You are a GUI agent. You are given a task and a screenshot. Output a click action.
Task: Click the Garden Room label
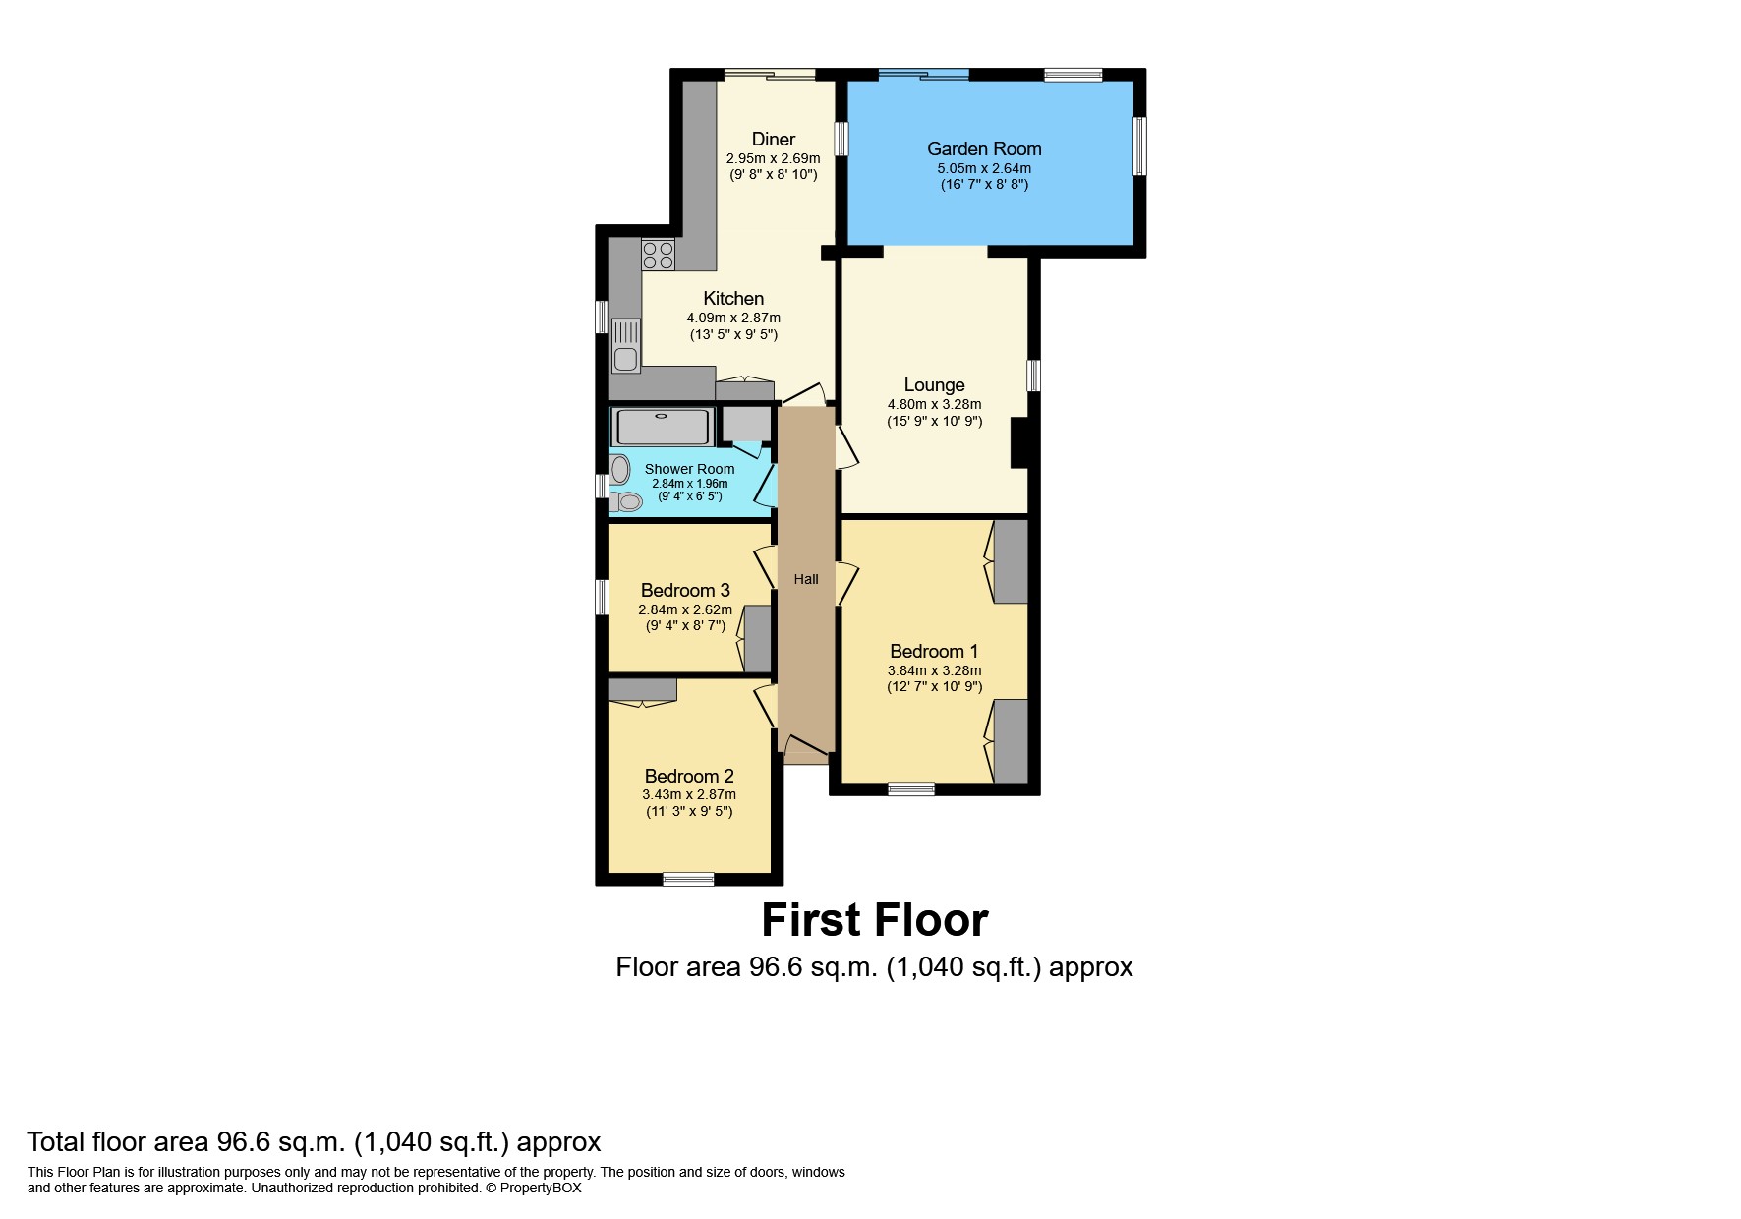pyautogui.click(x=984, y=148)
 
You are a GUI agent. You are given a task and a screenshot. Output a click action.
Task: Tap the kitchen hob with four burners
pyautogui.click(x=658, y=256)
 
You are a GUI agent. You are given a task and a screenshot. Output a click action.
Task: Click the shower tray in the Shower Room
pyautogui.click(x=662, y=428)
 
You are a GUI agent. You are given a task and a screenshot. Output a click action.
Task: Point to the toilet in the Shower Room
pyautogui.click(x=625, y=502)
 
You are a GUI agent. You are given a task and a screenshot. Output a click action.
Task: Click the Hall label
pyautogui.click(x=806, y=579)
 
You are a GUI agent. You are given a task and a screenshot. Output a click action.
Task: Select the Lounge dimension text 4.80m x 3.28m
pyautogui.click(x=934, y=404)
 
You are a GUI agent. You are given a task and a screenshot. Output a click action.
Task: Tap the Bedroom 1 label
pyautogui.click(x=934, y=651)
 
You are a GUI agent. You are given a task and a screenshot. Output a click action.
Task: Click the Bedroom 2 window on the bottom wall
pyautogui.click(x=688, y=879)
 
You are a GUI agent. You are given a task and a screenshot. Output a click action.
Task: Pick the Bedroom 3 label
pyautogui.click(x=685, y=590)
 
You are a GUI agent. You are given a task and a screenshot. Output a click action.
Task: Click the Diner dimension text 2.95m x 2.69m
pyautogui.click(x=773, y=158)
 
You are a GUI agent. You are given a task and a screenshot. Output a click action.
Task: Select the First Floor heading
pyautogui.click(x=874, y=920)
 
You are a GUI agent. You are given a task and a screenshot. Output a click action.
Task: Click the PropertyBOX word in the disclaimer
pyautogui.click(x=541, y=1188)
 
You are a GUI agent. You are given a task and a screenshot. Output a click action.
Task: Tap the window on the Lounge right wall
pyautogui.click(x=1034, y=376)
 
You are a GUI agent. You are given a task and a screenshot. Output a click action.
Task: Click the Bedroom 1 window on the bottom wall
pyautogui.click(x=911, y=788)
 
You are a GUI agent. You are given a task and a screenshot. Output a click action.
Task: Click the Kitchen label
pyautogui.click(x=733, y=298)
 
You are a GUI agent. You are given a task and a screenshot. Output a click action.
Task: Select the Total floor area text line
pyautogui.click(x=314, y=1141)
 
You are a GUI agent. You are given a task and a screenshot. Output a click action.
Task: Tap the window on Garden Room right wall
pyautogui.click(x=1140, y=146)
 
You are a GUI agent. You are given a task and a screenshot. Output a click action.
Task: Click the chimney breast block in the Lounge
pyautogui.click(x=1019, y=442)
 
